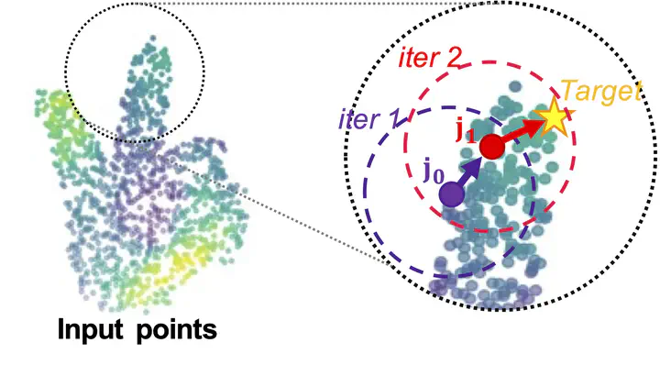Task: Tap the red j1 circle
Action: coord(491,147)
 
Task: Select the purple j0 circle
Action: coord(452,194)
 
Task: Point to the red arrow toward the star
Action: coord(521,131)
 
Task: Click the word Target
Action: coord(601,91)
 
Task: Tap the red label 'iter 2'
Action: coord(430,58)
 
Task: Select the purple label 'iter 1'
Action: coord(368,119)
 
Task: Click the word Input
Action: coord(90,330)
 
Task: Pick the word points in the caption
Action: coord(177,330)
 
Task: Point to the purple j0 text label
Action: coord(433,172)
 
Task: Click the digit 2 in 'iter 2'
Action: coord(453,57)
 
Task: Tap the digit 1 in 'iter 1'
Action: coord(392,119)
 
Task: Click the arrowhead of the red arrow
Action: coord(533,125)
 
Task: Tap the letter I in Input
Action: coord(60,329)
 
